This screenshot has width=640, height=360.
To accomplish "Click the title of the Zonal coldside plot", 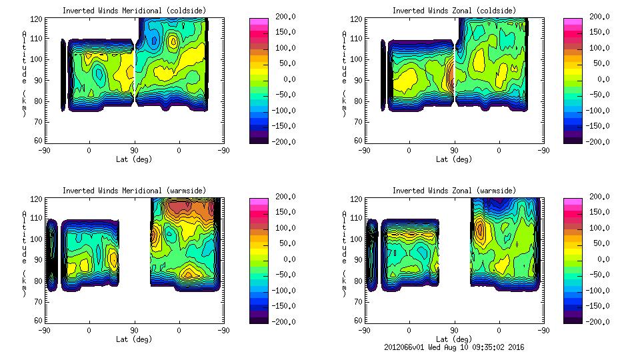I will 454,11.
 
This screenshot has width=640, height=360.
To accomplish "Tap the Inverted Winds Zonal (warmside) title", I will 454,191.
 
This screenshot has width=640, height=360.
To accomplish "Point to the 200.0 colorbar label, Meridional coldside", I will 285,17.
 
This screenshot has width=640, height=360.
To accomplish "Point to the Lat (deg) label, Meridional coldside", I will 133,159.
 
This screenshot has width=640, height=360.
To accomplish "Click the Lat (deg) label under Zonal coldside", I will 454,159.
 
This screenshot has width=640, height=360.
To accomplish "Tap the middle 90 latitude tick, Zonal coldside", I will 454,151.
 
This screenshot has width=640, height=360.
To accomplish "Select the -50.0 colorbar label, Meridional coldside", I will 284,95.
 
